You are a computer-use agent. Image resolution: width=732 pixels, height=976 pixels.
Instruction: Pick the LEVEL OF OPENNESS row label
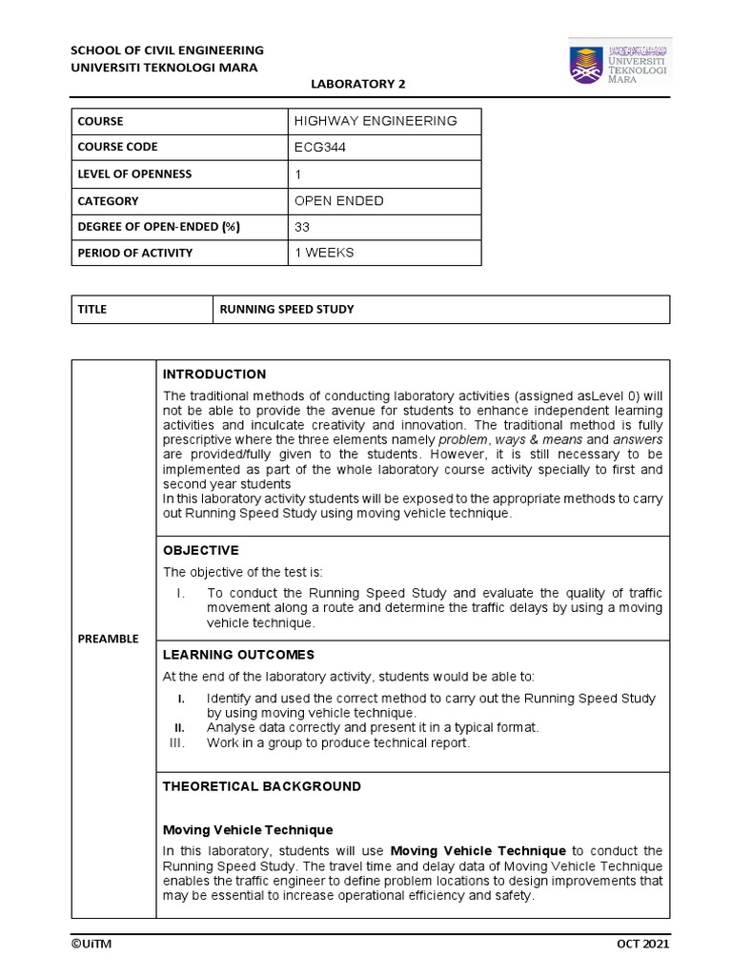136,174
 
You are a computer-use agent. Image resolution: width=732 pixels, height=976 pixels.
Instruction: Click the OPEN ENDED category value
340,201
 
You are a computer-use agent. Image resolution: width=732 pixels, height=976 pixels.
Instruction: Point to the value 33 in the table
304,228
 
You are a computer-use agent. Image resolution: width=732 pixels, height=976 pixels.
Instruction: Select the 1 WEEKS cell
325,253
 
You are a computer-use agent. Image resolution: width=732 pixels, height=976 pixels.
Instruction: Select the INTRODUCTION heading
214,375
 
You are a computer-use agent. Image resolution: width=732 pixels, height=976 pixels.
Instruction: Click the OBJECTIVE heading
200,550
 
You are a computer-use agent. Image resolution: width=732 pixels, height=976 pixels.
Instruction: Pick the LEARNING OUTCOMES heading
238,655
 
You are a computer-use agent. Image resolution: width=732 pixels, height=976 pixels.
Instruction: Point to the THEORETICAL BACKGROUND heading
262,786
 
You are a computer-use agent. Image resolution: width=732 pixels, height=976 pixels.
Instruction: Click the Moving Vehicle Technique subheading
248,830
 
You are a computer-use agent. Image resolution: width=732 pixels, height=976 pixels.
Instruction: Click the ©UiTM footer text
92,943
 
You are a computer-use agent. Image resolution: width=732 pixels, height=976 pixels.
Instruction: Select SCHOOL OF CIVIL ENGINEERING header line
168,50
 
